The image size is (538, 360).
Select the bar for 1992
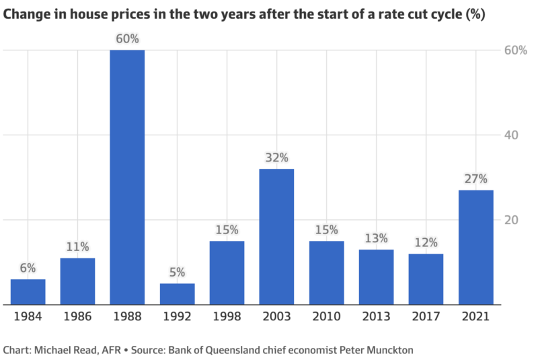tap(177, 294)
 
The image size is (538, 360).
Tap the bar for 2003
tap(276, 237)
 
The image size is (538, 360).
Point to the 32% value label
tap(276, 158)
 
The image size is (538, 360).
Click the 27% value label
tap(475, 179)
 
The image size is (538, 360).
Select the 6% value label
tap(28, 268)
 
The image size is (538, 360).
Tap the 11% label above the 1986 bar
tap(77, 247)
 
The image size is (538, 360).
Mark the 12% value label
tap(426, 242)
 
